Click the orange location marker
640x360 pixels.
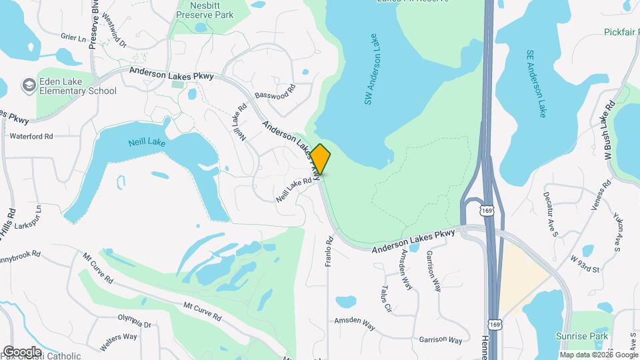320,159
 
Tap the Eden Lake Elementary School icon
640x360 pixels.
29,85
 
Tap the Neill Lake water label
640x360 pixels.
146,142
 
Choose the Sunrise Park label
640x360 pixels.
582,338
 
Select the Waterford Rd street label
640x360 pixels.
31,136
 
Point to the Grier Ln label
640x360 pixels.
73,38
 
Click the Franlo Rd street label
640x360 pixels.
329,251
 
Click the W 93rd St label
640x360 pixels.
585,256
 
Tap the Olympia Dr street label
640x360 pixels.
134,320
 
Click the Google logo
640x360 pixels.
22,351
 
